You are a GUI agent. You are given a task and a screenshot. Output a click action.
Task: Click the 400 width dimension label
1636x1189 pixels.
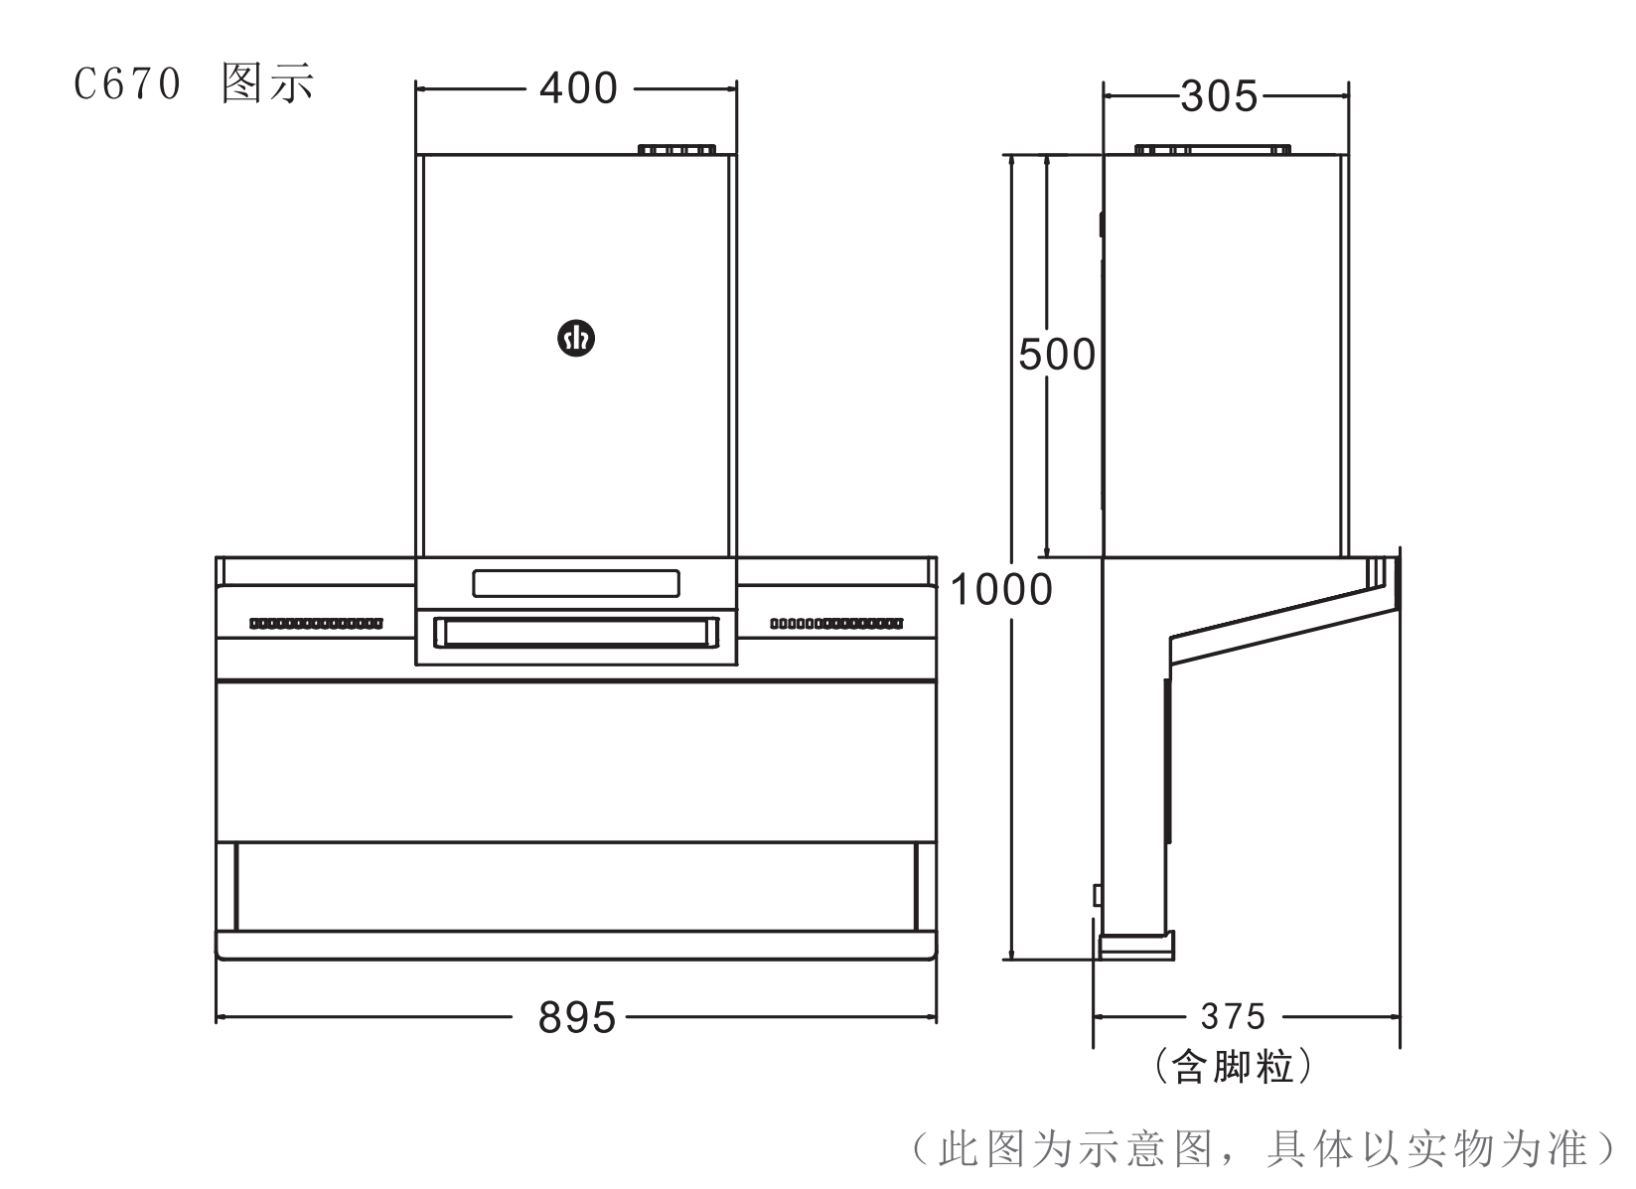pyautogui.click(x=578, y=89)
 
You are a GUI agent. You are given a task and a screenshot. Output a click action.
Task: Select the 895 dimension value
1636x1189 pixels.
pyautogui.click(x=577, y=1018)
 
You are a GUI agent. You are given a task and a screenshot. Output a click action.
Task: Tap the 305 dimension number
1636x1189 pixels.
pyautogui.click(x=1219, y=97)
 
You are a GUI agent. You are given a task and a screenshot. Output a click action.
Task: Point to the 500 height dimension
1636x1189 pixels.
pyautogui.click(x=1057, y=355)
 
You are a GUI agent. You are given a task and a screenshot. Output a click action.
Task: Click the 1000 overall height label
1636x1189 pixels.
pyautogui.click(x=1001, y=590)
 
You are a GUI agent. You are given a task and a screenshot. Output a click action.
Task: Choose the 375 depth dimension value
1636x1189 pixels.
pyautogui.click(x=1233, y=1017)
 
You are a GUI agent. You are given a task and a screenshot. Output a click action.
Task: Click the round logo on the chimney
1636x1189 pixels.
pyautogui.click(x=576, y=339)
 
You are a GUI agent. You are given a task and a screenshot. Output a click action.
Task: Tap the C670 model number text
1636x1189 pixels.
pyautogui.click(x=128, y=84)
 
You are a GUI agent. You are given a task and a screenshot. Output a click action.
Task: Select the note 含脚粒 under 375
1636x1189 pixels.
pyautogui.click(x=1233, y=1068)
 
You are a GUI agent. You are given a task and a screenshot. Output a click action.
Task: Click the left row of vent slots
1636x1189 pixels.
pyautogui.click(x=316, y=624)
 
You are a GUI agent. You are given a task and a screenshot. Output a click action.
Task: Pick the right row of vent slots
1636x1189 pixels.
pyautogui.click(x=836, y=624)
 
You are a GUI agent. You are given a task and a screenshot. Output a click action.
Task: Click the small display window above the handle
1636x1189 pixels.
pyautogui.click(x=576, y=584)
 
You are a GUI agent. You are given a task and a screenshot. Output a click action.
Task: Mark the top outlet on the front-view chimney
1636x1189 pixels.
pyautogui.click(x=676, y=150)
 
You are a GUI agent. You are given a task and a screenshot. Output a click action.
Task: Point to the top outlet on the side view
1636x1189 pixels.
pyautogui.click(x=1213, y=150)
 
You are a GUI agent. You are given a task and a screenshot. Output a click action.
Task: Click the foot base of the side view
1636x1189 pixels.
pyautogui.click(x=1135, y=945)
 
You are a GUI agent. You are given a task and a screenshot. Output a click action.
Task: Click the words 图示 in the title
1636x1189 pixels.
pyautogui.click(x=268, y=84)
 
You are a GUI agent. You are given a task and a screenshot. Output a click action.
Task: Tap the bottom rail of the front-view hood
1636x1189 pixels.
pyautogui.click(x=576, y=945)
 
